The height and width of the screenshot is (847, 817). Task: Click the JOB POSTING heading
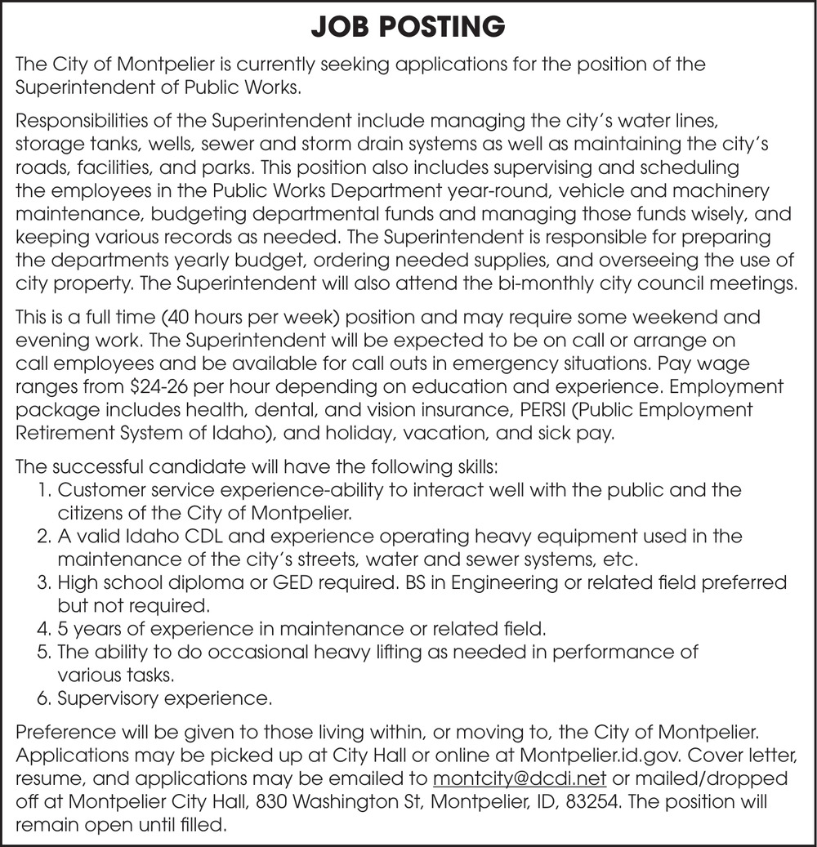click(408, 27)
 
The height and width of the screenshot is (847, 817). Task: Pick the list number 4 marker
click(46, 630)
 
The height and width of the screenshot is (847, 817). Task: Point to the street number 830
click(270, 800)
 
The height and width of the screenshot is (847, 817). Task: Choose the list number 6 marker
click(46, 699)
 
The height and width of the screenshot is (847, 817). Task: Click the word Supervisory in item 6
click(104, 699)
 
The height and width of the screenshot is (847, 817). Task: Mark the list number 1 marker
click(45, 490)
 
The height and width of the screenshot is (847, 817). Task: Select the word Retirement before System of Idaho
click(69, 433)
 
